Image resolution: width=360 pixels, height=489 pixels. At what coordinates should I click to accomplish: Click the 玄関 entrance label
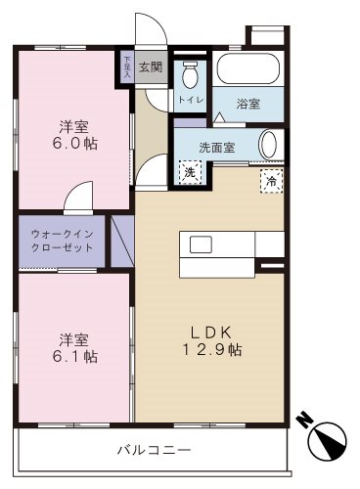[150, 67]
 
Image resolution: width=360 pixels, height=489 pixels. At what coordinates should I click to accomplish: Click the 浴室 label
[248, 104]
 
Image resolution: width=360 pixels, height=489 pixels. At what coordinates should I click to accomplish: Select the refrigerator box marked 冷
[268, 181]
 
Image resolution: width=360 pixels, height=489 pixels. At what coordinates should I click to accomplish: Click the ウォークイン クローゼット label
[63, 242]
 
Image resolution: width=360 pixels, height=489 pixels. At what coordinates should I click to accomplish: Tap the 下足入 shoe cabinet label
[126, 67]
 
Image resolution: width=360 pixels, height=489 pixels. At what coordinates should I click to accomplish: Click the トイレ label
[189, 100]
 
